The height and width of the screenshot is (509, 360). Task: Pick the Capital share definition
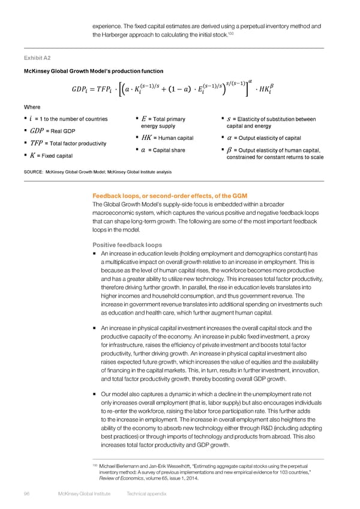click(163, 150)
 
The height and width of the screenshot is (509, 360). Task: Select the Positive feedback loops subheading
click(127, 245)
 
